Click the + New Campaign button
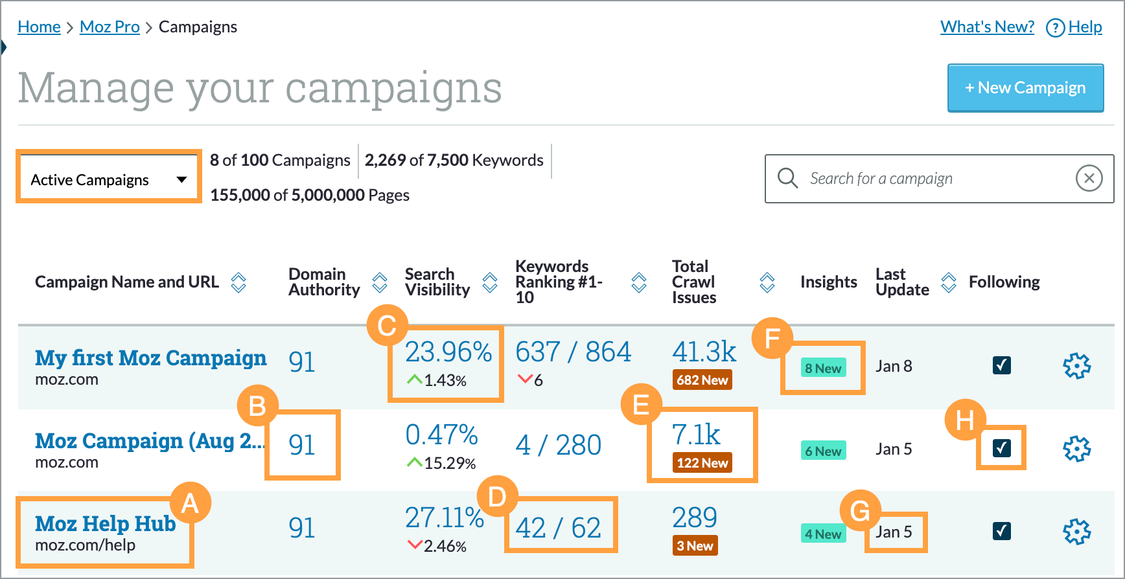pos(1025,88)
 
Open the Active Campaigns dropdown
pos(108,179)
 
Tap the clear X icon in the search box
pos(1089,178)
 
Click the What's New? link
pos(987,27)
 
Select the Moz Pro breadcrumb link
pos(110,27)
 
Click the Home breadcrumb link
pos(39,27)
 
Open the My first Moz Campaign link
pos(150,358)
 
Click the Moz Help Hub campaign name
pos(105,524)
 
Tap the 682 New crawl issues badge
pos(702,380)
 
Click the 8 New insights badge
pos(822,369)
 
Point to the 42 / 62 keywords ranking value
pos(558,528)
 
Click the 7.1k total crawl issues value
pos(695,435)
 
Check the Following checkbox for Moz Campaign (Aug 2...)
pos(1001,448)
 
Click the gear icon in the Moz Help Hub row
pos(1076,532)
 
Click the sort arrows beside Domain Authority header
pos(380,282)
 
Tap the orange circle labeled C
pos(387,325)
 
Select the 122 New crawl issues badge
pos(702,463)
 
